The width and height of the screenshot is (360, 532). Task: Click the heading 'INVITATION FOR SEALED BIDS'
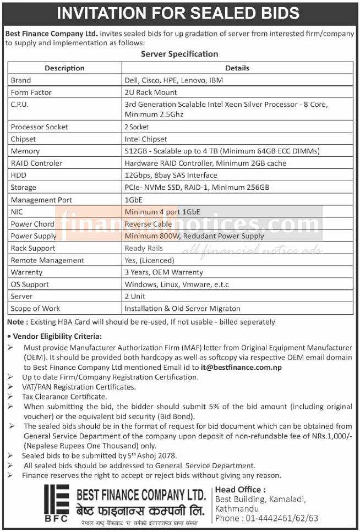pyautogui.click(x=179, y=13)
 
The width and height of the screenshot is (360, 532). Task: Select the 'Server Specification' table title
pyautogui.click(x=179, y=54)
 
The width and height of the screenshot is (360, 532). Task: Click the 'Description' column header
pyautogui.click(x=64, y=68)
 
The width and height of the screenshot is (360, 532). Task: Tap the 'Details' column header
pyautogui.click(x=237, y=68)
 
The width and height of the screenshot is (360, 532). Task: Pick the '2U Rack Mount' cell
pyautogui.click(x=151, y=92)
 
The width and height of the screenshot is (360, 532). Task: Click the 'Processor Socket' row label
pyautogui.click(x=40, y=127)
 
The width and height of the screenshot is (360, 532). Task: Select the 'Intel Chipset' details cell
pyautogui.click(x=146, y=139)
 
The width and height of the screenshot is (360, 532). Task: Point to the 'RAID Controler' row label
pyautogui.click(x=37, y=163)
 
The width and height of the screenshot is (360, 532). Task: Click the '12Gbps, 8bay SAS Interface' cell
pyautogui.click(x=171, y=175)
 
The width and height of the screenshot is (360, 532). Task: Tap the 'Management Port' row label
pyautogui.click(x=41, y=200)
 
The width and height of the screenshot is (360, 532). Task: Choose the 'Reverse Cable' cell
pyautogui.click(x=148, y=224)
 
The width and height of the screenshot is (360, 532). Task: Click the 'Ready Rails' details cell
pyautogui.click(x=144, y=248)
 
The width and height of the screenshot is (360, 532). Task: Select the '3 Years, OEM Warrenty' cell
pyautogui.click(x=164, y=272)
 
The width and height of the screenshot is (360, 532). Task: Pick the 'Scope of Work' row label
pyautogui.click(x=36, y=309)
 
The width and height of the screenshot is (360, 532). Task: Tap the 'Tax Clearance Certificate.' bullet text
pyautogui.click(x=64, y=396)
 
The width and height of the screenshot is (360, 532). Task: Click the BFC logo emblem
pyautogui.click(x=56, y=502)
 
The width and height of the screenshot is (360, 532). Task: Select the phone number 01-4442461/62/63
pyautogui.click(x=282, y=518)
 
